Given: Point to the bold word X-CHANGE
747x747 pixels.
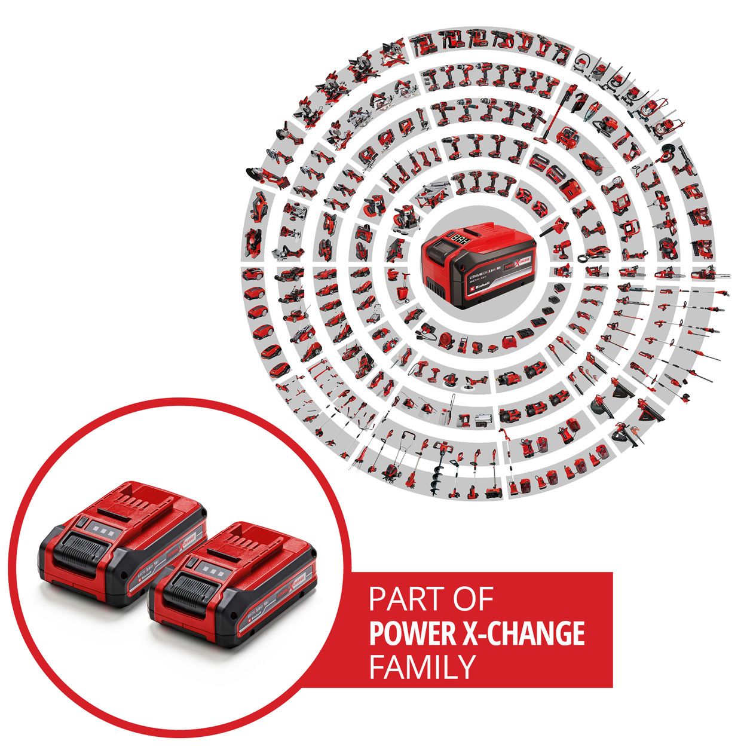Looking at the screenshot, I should pyautogui.click(x=522, y=633).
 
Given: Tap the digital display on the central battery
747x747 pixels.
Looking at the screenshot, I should pyautogui.click(x=460, y=238).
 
